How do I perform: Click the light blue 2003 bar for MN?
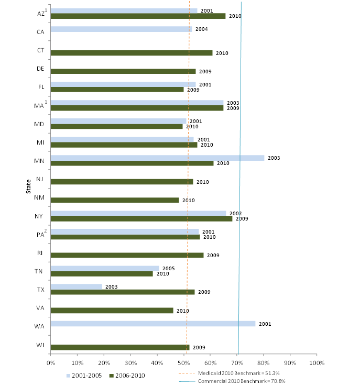click(157, 158)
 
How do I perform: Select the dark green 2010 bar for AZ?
click(138, 16)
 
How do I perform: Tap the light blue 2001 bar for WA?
click(153, 324)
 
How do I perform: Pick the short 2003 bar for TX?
click(77, 286)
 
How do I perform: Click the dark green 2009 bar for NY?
click(141, 218)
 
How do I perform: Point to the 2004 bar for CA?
click(121, 29)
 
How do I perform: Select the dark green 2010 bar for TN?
click(102, 273)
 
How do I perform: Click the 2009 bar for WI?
click(120, 347)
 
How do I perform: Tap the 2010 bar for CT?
click(132, 53)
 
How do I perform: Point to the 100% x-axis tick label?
click(317, 362)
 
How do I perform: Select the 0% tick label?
click(51, 362)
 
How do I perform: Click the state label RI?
click(40, 253)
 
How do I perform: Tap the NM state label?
click(39, 198)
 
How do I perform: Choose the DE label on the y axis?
click(40, 69)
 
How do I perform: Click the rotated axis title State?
click(29, 185)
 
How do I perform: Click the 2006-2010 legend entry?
click(128, 375)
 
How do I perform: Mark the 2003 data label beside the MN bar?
click(273, 158)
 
